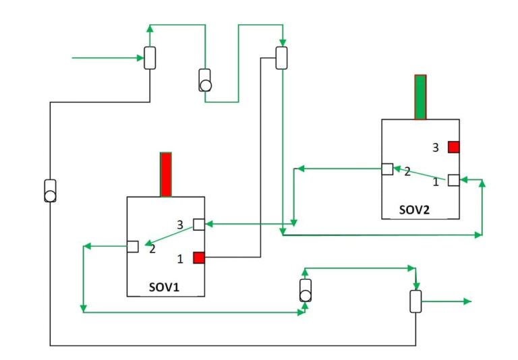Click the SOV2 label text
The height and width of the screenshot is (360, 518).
tap(413, 209)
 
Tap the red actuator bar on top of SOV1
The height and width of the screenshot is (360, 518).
tap(165, 175)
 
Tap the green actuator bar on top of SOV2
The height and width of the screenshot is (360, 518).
tap(420, 97)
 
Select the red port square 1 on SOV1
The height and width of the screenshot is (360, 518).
tap(199, 257)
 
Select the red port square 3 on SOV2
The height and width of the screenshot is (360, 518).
tap(453, 146)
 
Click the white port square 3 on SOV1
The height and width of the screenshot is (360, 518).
tap(199, 224)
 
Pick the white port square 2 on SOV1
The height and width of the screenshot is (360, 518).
tap(133, 246)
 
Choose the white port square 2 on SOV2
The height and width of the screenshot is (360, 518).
tap(387, 169)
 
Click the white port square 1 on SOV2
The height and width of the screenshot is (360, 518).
tap(453, 180)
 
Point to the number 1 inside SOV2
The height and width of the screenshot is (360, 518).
tap(435, 181)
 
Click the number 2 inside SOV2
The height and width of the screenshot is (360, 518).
tap(407, 172)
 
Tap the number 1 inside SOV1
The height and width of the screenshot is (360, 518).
tap(180, 258)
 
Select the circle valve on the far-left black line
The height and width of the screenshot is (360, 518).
tap(50, 191)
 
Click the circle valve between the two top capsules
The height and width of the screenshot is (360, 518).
tap(205, 80)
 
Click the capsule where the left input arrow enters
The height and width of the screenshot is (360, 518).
tap(150, 57)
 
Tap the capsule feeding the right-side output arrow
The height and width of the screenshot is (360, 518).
tap(415, 301)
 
